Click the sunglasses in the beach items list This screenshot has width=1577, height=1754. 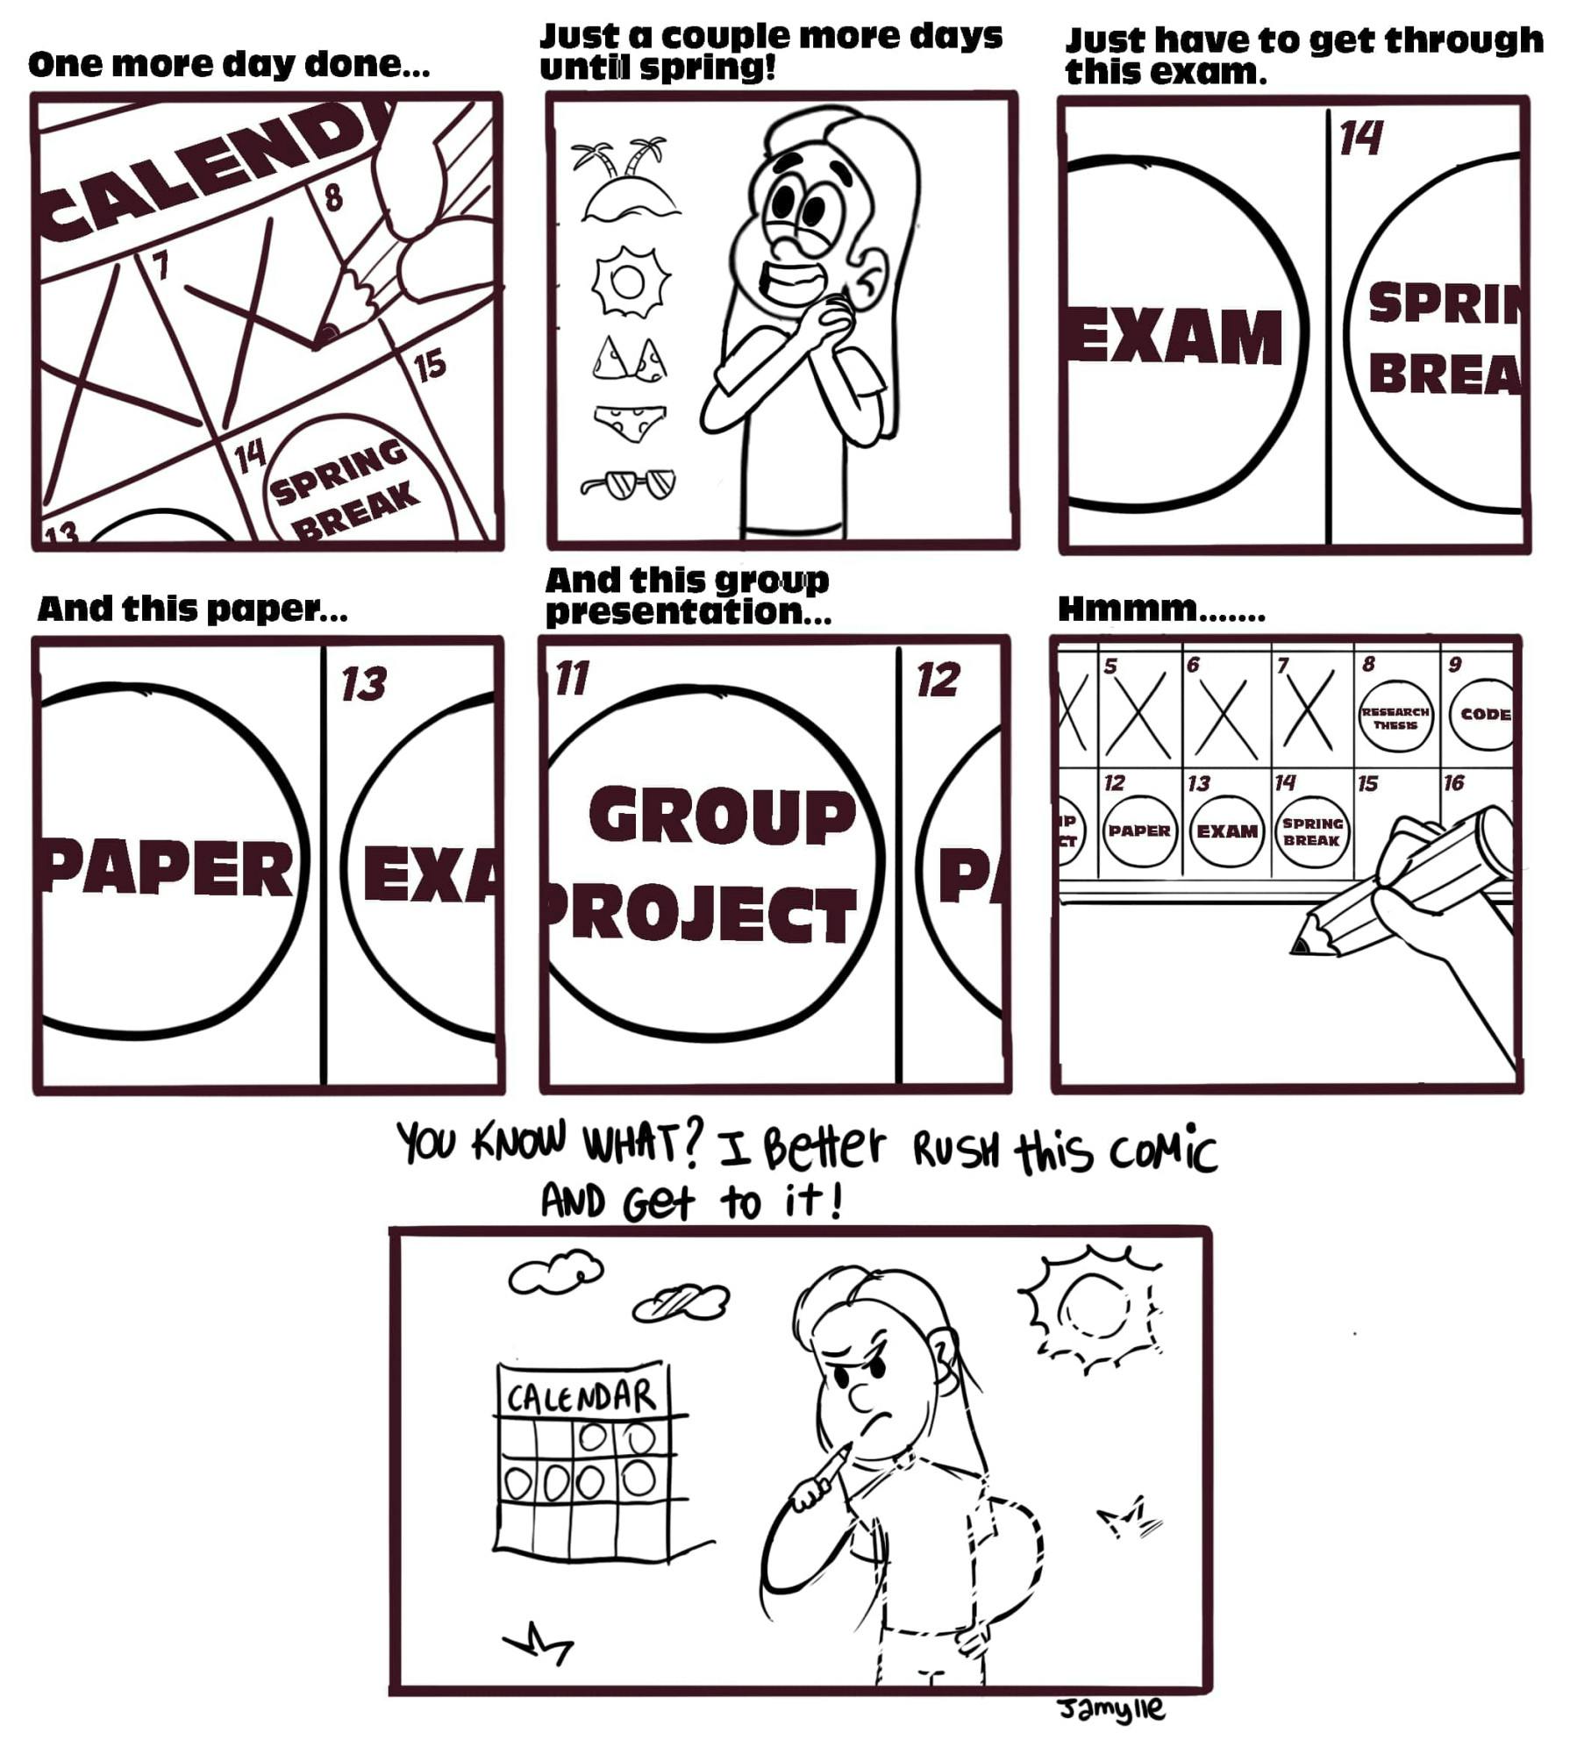click(x=628, y=482)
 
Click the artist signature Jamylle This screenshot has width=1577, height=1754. click(x=1110, y=1708)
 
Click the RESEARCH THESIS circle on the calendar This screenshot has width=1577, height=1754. click(x=1395, y=718)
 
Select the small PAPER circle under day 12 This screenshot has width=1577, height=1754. click(x=1138, y=831)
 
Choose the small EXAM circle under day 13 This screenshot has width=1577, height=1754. click(x=1227, y=831)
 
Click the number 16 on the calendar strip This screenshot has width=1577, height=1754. click(x=1453, y=782)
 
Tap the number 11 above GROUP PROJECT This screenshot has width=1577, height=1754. click(x=573, y=679)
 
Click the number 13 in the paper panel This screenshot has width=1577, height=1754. click(x=363, y=684)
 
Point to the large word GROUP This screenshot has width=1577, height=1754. click(x=722, y=816)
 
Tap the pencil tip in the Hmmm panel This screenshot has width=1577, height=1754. click(x=1299, y=947)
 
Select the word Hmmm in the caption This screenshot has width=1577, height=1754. click(x=1128, y=608)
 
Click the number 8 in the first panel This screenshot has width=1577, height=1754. click(x=333, y=197)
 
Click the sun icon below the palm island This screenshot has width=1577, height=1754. click(x=628, y=281)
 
